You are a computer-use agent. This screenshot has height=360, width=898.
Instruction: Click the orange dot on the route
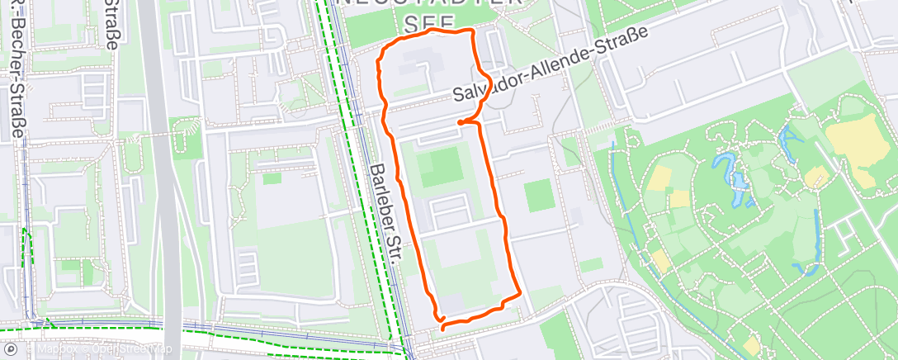460,123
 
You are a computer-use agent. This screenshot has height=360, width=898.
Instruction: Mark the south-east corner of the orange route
518,294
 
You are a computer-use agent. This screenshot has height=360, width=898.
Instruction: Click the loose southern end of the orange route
443,328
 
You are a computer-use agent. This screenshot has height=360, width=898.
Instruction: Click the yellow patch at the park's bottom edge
751,345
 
